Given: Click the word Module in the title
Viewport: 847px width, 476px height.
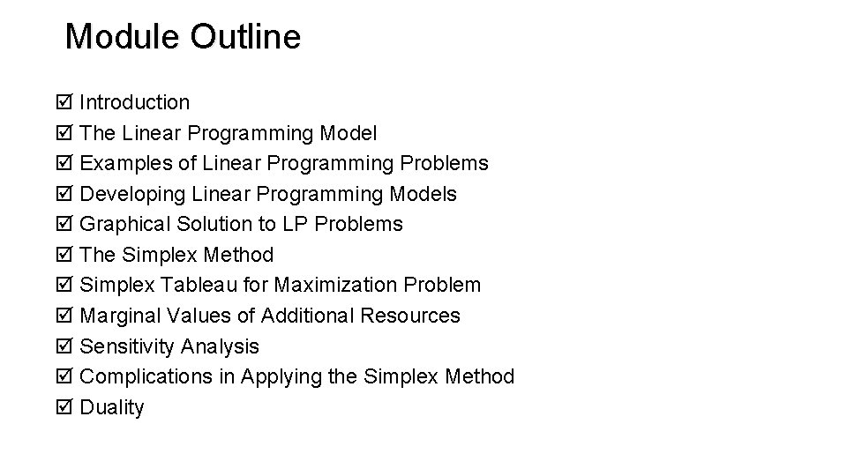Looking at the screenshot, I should tap(123, 36).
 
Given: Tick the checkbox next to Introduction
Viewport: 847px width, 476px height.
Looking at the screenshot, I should tap(65, 103).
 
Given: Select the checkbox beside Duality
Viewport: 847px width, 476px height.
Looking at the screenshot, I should tap(65, 408).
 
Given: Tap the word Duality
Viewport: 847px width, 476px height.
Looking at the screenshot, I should tap(111, 407).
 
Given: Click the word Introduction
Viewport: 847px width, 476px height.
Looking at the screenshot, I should tap(134, 103).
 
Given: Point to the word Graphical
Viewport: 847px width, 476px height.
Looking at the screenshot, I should tap(124, 225).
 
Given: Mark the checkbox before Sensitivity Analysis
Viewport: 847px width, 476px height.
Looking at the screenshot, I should tap(65, 346).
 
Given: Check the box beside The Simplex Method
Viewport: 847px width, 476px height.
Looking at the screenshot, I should tap(65, 256).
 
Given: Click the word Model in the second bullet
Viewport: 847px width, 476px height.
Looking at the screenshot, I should tap(348, 133).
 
